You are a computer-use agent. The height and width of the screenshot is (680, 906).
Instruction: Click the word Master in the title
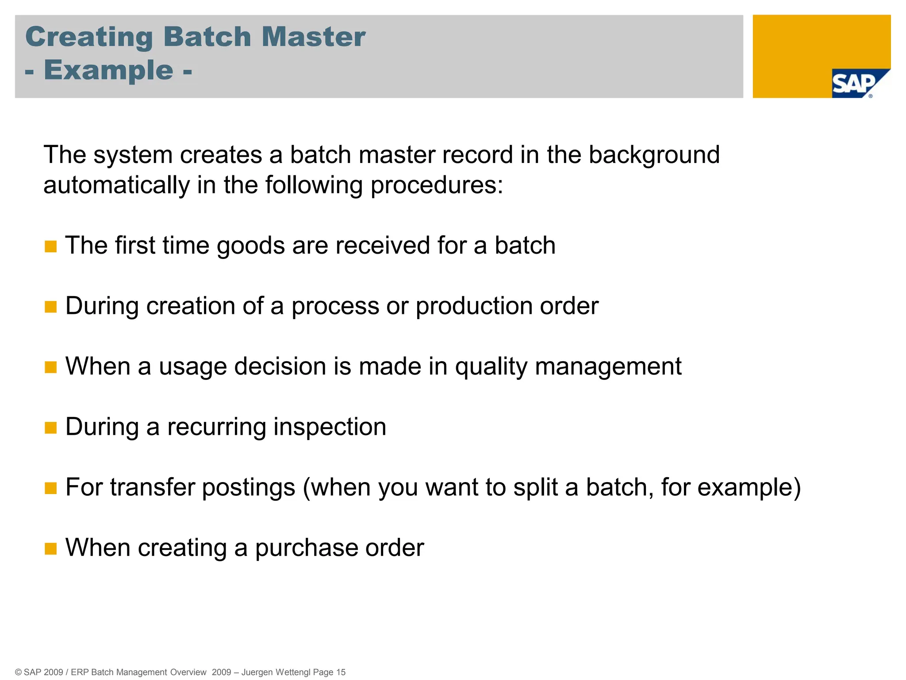(x=313, y=37)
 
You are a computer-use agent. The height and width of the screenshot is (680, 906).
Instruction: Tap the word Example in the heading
(x=108, y=70)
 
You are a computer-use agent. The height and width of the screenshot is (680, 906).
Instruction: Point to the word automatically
(x=116, y=185)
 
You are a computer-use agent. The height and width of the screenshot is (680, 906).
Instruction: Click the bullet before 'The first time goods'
(x=51, y=247)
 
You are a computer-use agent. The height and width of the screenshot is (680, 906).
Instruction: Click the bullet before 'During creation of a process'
(x=51, y=307)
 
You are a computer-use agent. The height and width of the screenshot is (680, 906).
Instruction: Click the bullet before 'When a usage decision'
(x=51, y=367)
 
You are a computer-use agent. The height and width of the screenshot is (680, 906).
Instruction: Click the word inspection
(x=330, y=427)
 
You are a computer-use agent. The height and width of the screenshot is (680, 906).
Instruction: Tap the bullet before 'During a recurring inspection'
(x=51, y=428)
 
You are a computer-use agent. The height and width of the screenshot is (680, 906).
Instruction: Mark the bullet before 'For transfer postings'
(x=51, y=488)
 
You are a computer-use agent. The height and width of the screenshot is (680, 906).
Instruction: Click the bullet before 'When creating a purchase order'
(x=51, y=549)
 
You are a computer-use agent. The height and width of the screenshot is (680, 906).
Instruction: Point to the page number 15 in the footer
(x=341, y=672)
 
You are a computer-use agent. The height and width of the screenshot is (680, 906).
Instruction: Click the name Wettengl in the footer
(x=293, y=672)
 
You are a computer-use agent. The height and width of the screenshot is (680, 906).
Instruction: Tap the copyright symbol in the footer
(x=18, y=672)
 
